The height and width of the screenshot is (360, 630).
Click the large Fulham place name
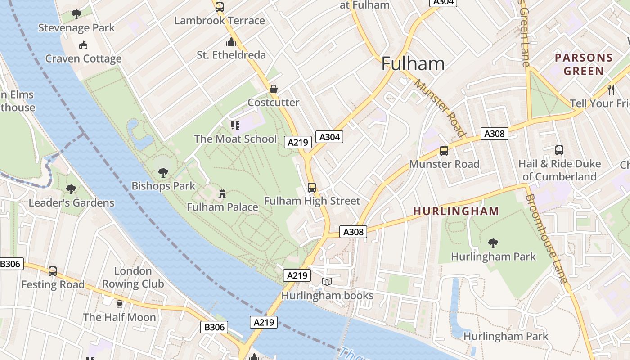coord(413,63)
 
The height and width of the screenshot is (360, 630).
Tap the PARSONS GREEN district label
coord(584,64)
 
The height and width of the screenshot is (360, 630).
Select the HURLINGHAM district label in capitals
coord(456,211)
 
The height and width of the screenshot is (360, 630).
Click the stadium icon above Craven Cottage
coord(83,45)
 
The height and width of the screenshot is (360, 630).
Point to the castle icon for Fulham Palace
coord(222,194)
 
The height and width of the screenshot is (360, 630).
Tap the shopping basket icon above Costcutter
coord(273,89)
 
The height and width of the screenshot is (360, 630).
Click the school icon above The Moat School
coord(235,126)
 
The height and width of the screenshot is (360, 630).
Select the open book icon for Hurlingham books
coord(327,282)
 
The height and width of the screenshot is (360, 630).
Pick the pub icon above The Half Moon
coord(119,304)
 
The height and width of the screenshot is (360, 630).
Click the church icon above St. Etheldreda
coord(231,42)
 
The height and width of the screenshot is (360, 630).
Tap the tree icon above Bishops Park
coord(163,172)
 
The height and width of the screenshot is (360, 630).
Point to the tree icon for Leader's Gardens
coord(71,189)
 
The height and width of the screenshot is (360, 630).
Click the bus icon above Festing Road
coord(53,271)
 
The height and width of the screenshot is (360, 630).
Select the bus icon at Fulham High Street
coord(311,188)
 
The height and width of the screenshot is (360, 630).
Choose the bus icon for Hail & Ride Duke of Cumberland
coord(559,150)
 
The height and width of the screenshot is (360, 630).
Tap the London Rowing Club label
coord(133,277)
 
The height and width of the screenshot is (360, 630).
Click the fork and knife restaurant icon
coord(611,90)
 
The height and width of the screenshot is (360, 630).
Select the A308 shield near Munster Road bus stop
coord(494,134)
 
